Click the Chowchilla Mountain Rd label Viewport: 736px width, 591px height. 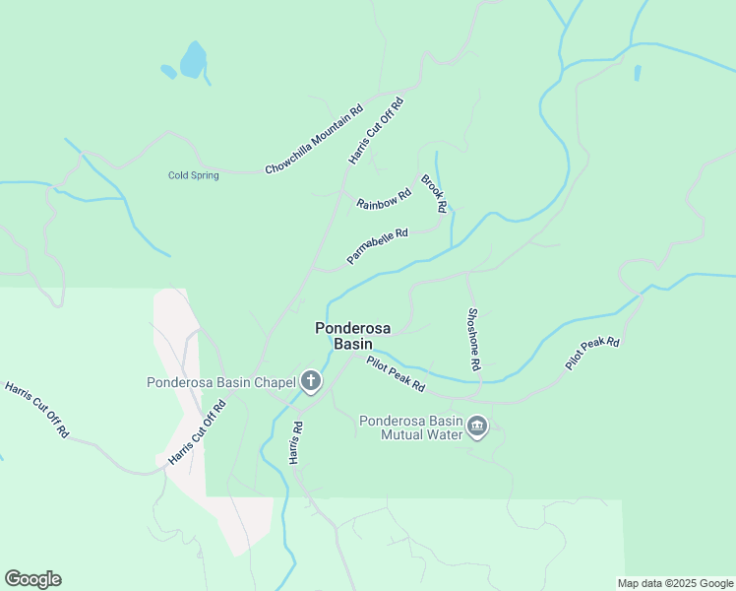[314, 140]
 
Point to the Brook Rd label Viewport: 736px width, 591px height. [434, 194]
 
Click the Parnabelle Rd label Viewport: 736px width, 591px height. [377, 247]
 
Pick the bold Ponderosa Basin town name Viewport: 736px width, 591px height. [343, 336]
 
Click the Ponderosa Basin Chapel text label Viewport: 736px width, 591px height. [221, 382]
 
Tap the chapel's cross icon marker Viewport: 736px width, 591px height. [311, 381]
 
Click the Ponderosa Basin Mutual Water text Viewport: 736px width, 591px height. [410, 427]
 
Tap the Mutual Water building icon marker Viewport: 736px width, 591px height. [477, 427]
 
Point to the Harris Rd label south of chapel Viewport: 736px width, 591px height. [294, 443]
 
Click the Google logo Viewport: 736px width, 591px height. [32, 578]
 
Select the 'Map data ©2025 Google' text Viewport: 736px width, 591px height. [674, 583]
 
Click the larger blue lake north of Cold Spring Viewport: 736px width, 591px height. [193, 60]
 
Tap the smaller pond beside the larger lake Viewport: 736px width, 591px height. [168, 72]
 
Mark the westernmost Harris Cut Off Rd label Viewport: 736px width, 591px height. [37, 410]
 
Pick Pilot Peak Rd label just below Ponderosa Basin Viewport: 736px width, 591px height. [396, 373]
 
